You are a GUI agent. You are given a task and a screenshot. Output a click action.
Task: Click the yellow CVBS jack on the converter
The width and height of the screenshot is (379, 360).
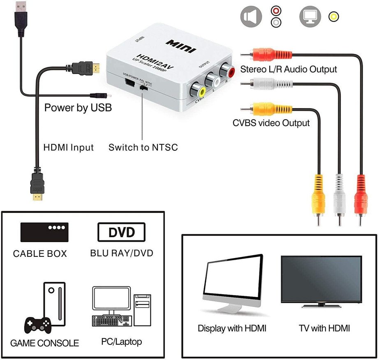[194, 90]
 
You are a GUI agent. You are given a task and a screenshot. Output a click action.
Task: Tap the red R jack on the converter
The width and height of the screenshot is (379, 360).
[227, 73]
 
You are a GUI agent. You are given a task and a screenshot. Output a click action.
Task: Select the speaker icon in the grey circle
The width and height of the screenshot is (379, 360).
[251, 17]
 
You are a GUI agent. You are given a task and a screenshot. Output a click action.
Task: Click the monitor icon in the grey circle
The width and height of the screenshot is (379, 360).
[310, 17]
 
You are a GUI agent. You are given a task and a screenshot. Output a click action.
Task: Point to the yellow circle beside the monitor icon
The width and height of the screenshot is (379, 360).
[334, 17]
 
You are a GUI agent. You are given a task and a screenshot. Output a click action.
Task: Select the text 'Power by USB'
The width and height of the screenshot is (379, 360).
[78, 108]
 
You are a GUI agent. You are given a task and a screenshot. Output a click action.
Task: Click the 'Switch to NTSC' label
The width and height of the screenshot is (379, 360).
[143, 147]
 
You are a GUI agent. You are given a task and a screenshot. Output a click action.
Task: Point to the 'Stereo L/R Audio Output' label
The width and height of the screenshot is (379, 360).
[289, 69]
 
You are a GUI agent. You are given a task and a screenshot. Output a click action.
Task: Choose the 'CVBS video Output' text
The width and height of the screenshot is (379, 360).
[271, 123]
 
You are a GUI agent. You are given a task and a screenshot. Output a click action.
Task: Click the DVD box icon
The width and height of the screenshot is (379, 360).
[121, 232]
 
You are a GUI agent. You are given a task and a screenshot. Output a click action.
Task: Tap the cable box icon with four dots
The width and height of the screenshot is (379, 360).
[44, 232]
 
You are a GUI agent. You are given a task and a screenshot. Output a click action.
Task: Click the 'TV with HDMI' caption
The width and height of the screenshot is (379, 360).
[324, 328]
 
